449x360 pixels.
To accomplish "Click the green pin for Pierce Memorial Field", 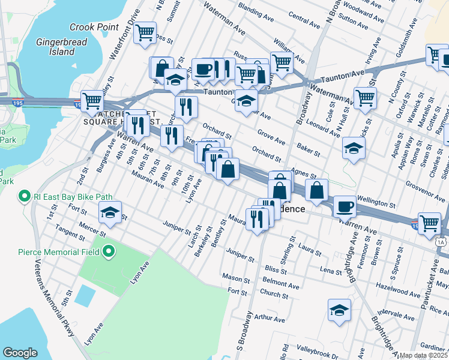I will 109,251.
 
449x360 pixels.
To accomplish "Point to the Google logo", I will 20,353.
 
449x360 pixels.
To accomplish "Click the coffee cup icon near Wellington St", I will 345,206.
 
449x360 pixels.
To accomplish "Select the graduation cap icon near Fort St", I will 110,212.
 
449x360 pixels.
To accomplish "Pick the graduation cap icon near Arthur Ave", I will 339,311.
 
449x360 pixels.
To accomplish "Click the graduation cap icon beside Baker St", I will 354,148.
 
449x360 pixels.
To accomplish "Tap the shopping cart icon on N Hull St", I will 364,98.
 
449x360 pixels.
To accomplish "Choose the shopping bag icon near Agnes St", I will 316,190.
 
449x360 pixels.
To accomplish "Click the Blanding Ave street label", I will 259,10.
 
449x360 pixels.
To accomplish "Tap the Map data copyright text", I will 423,355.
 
